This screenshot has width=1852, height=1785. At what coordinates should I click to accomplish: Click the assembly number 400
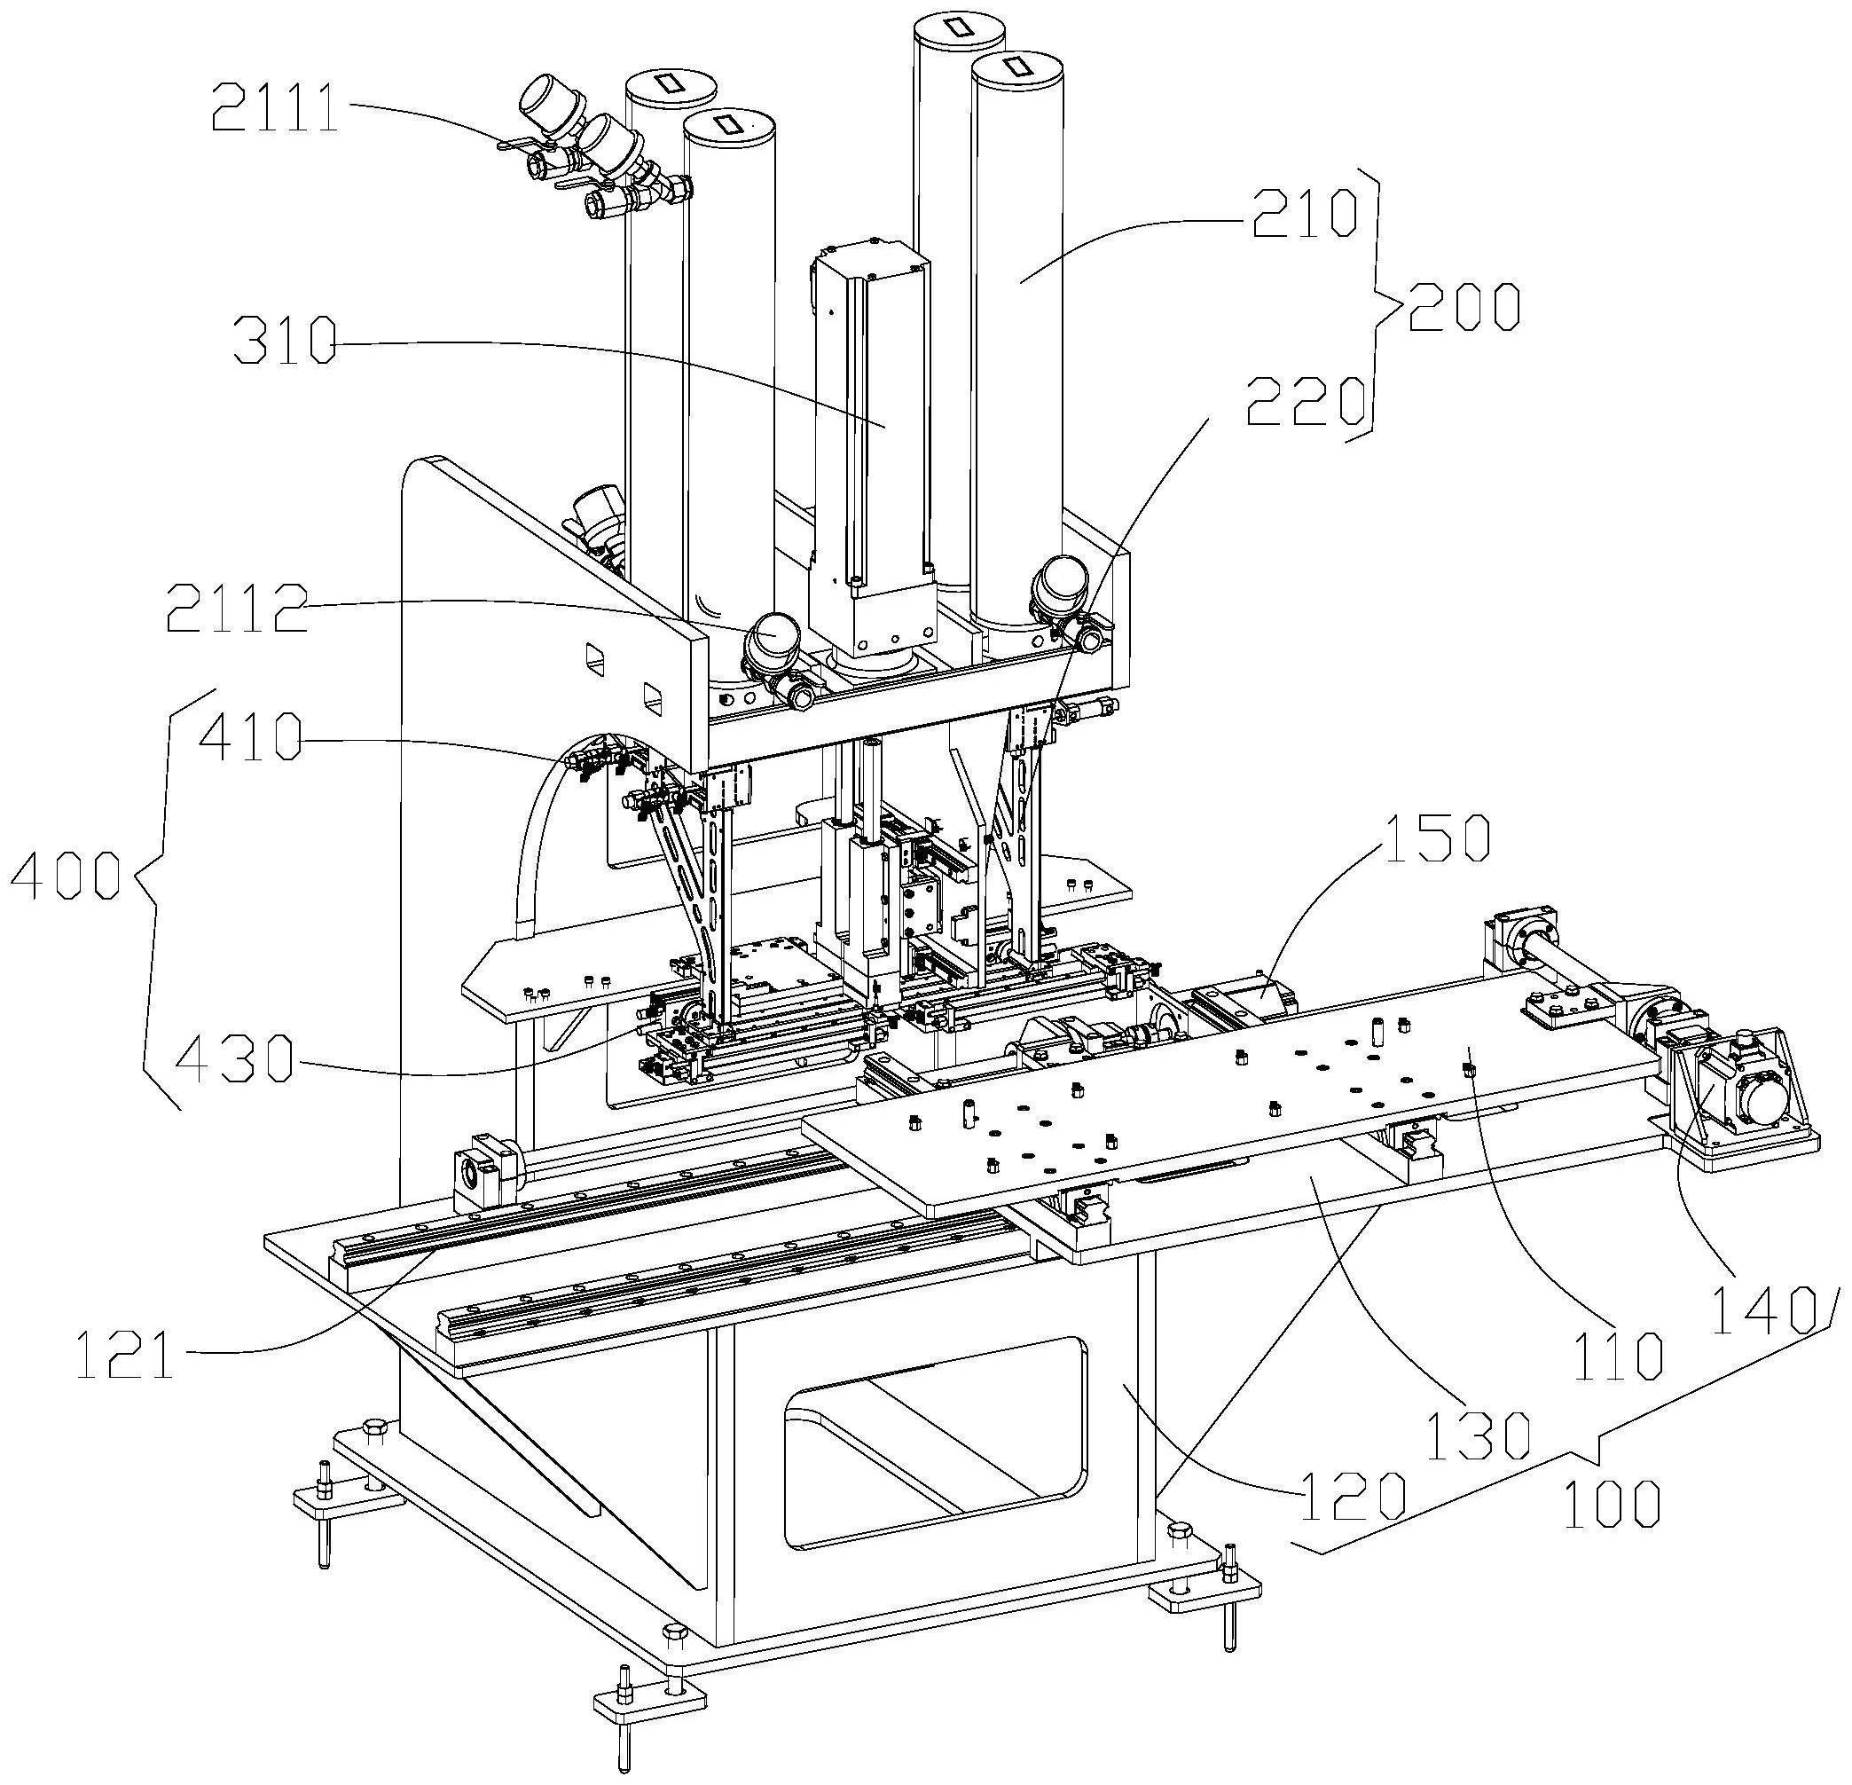coord(66,875)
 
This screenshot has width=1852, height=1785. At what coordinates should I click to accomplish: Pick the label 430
coord(236,1058)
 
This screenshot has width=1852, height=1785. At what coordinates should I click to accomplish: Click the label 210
coord(1304,213)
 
